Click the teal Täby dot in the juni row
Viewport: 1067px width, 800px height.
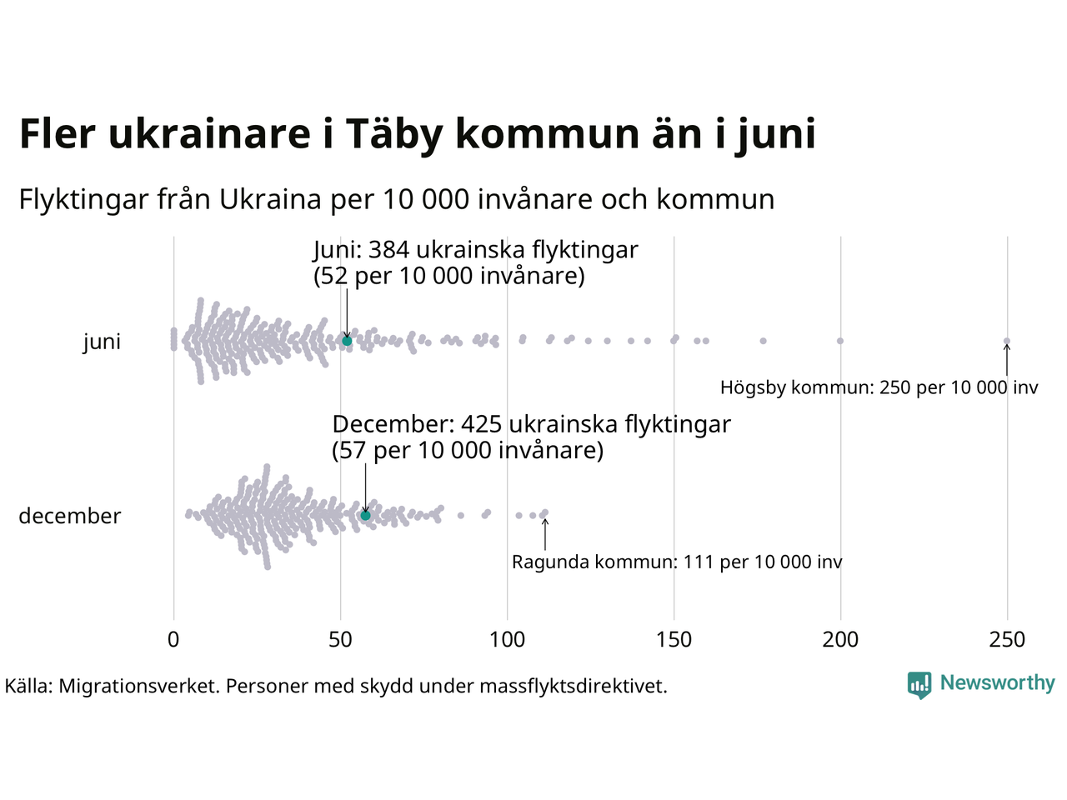[x=347, y=341]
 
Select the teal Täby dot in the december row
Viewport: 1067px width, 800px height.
[x=365, y=516]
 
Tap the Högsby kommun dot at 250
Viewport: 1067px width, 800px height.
[x=1007, y=341]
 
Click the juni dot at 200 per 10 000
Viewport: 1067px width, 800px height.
[x=840, y=341]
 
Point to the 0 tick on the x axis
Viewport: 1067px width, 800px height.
[x=173, y=640]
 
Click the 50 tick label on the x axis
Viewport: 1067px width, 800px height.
[x=340, y=640]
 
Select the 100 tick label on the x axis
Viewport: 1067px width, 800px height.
[x=507, y=640]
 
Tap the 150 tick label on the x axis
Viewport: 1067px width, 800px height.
[x=674, y=640]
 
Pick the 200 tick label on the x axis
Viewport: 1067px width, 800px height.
[x=840, y=640]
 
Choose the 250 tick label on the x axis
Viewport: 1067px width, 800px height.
[x=1007, y=640]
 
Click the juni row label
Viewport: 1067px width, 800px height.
[x=102, y=342]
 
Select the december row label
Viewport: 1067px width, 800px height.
[x=70, y=516]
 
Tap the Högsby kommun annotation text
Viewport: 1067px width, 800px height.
[x=879, y=387]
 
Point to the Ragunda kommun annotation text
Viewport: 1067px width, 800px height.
[x=677, y=562]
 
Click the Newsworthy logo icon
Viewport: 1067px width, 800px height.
[x=919, y=685]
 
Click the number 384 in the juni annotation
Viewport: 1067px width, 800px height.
[x=388, y=250]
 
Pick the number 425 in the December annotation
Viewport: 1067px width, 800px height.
[x=481, y=424]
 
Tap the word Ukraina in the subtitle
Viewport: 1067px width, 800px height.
[x=271, y=200]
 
